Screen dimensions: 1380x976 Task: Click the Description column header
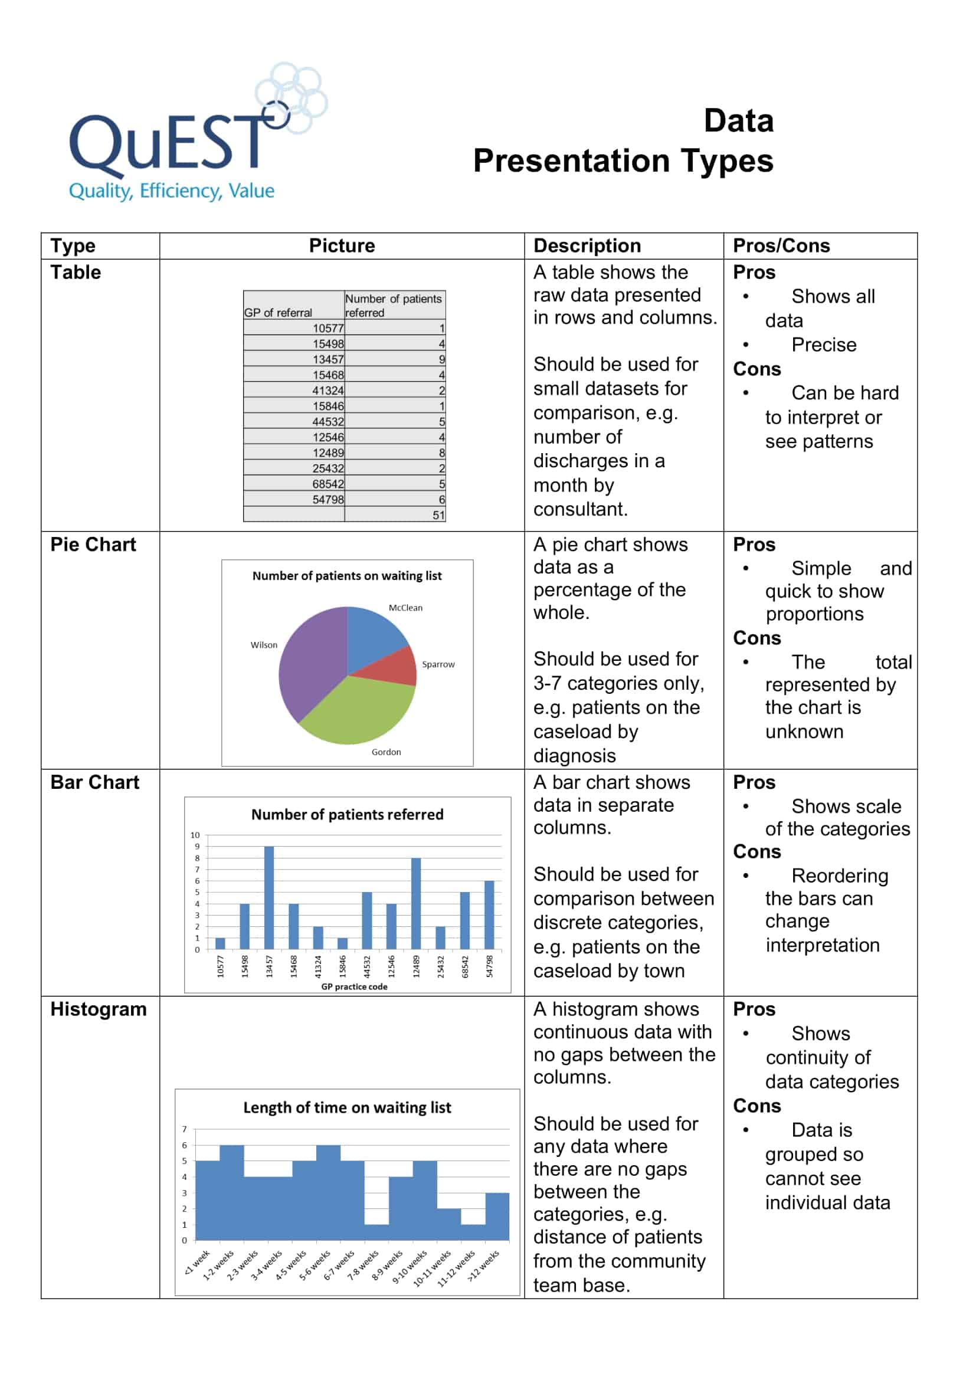point(587,246)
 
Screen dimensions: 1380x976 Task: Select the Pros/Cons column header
point(781,246)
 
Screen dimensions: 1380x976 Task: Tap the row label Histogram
point(99,1009)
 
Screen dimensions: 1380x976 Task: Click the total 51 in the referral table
point(438,515)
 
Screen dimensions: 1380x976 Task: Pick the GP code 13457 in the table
point(327,359)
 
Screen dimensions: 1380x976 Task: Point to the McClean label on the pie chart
point(405,608)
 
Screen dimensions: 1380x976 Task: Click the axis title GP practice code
point(354,986)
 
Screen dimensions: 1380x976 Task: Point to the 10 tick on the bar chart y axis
point(195,835)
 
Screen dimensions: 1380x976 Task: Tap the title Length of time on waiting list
point(347,1108)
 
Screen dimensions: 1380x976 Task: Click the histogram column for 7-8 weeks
point(376,1233)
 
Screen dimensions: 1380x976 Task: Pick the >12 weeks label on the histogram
point(484,1265)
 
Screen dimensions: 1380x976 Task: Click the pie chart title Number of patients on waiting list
point(347,576)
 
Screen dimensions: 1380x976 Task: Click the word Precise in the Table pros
point(823,345)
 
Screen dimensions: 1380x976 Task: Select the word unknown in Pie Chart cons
point(804,732)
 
